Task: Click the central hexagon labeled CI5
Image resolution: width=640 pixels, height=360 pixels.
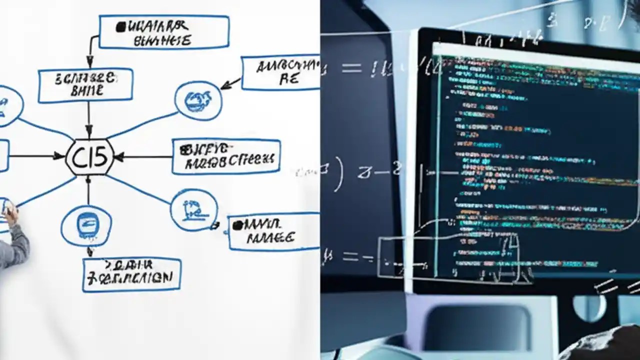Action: pos(90,157)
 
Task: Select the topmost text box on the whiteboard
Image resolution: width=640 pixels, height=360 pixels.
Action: pos(164,32)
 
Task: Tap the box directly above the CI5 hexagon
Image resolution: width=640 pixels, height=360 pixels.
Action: pos(85,85)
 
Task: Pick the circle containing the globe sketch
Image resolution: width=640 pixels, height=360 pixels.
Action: pos(198,100)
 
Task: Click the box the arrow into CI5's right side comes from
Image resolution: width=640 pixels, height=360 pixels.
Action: pos(226,156)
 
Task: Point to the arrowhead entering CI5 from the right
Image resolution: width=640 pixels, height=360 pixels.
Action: pos(119,157)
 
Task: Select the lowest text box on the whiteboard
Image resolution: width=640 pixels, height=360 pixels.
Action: pos(131,274)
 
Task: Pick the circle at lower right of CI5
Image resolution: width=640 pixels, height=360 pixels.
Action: pos(194,209)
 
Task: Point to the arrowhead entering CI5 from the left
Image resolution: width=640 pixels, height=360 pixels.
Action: pos(61,156)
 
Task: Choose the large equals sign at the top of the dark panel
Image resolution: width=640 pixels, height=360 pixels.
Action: pos(351,68)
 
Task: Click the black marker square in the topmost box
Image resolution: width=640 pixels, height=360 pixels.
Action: pos(120,27)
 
